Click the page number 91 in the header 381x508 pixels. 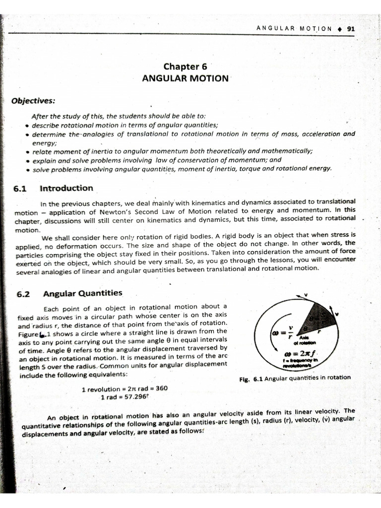tap(351, 29)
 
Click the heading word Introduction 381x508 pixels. tap(66, 188)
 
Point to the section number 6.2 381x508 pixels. tap(23, 293)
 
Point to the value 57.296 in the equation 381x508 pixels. tap(135, 397)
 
